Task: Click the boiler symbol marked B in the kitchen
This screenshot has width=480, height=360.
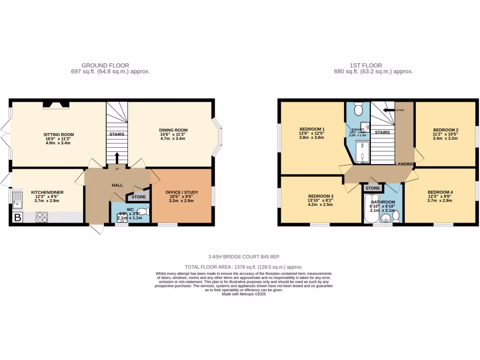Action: pyautogui.click(x=18, y=217)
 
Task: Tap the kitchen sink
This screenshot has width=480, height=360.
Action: pyautogui.click(x=18, y=199)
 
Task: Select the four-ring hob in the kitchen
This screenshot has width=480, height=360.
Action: pyautogui.click(x=42, y=217)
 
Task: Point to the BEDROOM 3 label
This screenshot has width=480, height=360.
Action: pyautogui.click(x=321, y=196)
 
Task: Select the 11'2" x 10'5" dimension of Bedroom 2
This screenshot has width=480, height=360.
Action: pyautogui.click(x=445, y=134)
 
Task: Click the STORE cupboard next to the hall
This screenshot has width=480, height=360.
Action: pyautogui.click(x=139, y=197)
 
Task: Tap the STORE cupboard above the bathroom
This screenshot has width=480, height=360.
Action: pyautogui.click(x=373, y=188)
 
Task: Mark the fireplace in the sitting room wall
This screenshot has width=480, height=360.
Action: pyautogui.click(x=56, y=105)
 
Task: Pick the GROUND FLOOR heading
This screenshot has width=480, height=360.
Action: pyautogui.click(x=105, y=66)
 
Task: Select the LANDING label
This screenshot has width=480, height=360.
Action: pyautogui.click(x=404, y=164)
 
